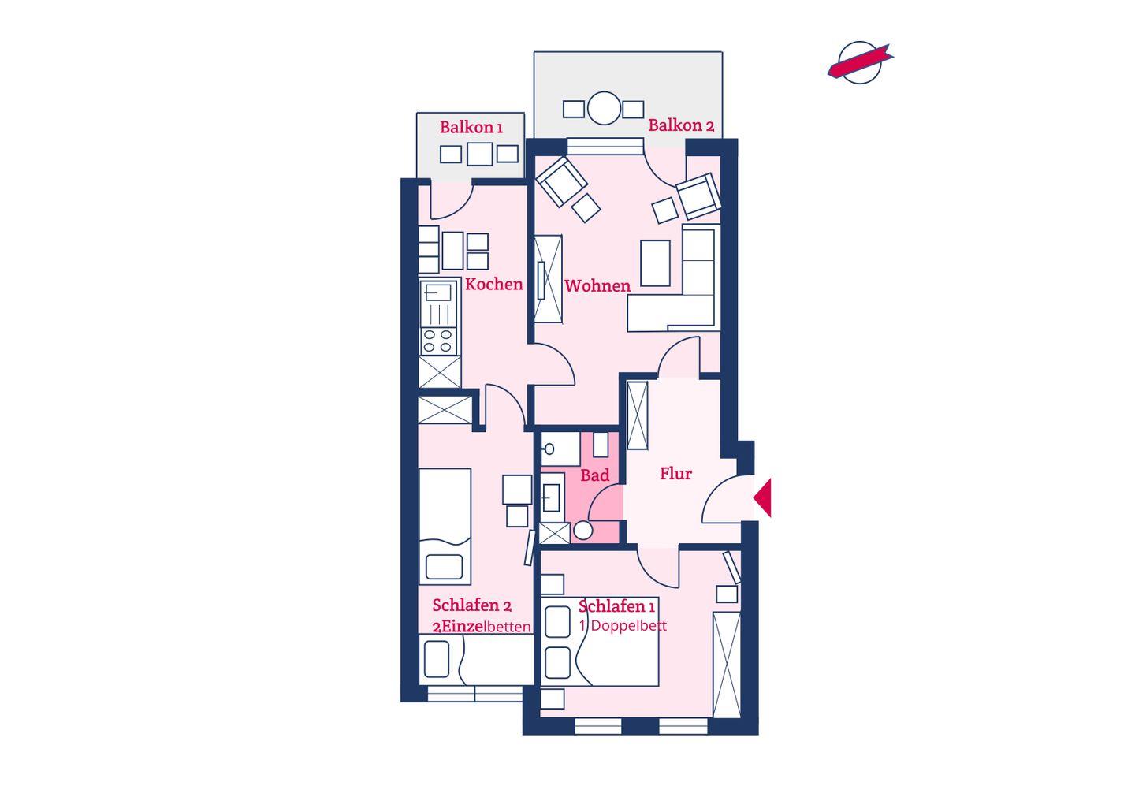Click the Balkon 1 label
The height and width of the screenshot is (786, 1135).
(471, 127)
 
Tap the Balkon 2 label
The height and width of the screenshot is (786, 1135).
(682, 125)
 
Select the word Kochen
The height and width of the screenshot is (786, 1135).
(494, 285)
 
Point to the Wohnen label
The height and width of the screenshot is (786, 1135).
(597, 286)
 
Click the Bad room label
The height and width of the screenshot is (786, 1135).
(595, 475)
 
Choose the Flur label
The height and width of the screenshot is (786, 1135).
(676, 473)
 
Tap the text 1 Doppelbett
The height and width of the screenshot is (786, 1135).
(623, 626)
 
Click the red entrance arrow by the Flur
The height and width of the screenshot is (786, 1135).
(763, 497)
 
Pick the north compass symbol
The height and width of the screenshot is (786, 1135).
(860, 62)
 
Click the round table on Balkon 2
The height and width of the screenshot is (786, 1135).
(604, 108)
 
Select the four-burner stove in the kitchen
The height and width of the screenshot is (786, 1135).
(437, 341)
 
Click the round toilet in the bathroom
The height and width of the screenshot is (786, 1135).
(582, 531)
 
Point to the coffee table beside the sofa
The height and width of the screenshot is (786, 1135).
(655, 263)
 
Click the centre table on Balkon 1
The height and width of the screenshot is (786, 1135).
(479, 154)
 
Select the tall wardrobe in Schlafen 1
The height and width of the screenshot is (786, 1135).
(727, 665)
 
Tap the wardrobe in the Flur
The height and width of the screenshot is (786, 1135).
(638, 415)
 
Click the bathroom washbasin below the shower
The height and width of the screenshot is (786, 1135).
(553, 497)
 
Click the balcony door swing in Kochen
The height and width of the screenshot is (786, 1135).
(452, 199)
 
